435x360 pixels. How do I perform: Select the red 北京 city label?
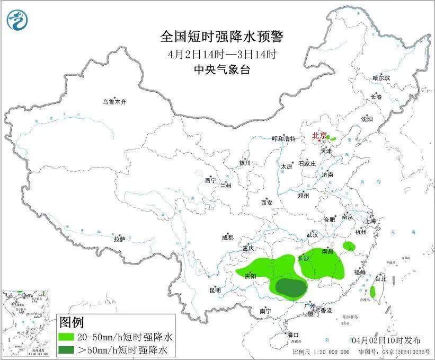319,136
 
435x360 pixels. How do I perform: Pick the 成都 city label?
228,238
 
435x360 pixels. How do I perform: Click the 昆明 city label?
215,290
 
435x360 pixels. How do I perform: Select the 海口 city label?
293,335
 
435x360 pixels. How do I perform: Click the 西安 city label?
266,203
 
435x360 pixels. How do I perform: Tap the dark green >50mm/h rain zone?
291,287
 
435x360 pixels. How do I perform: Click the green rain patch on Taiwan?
372,291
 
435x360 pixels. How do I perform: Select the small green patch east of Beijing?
333,138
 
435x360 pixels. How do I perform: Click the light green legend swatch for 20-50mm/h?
67,337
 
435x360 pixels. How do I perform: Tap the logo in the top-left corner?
17,20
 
